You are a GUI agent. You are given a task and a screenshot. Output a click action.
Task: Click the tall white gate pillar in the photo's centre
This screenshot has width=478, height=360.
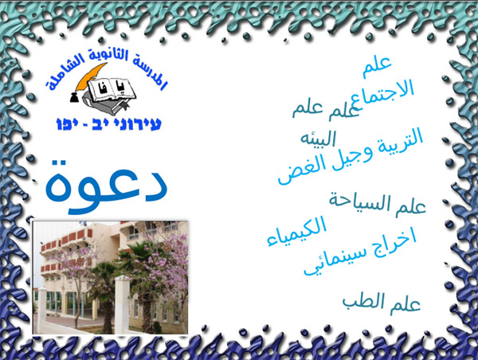pos(121,303)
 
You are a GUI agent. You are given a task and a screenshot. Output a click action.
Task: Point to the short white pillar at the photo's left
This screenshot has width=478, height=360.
pos(42,307)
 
